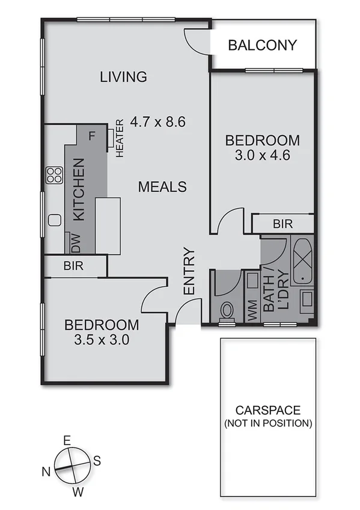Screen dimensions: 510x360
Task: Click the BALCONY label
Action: tap(263, 45)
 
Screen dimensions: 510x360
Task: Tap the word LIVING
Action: tap(123, 77)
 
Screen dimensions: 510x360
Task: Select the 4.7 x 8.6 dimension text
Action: tap(158, 121)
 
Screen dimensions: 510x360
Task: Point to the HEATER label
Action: tap(120, 138)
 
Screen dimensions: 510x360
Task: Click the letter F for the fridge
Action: tap(91, 135)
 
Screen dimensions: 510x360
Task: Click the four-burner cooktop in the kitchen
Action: tap(55, 175)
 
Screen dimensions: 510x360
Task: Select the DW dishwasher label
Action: tap(75, 243)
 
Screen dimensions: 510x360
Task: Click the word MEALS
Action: tap(162, 187)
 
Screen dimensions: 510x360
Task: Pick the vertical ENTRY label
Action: tap(189, 271)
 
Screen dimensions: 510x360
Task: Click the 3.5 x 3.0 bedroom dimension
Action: tap(102, 339)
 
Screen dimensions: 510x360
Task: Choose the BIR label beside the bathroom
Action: tap(282, 224)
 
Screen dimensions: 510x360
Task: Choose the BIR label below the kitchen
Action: tap(73, 265)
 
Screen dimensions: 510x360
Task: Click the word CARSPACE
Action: tap(267, 411)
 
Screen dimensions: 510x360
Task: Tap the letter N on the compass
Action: tap(46, 472)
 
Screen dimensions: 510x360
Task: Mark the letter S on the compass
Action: tap(97, 460)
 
